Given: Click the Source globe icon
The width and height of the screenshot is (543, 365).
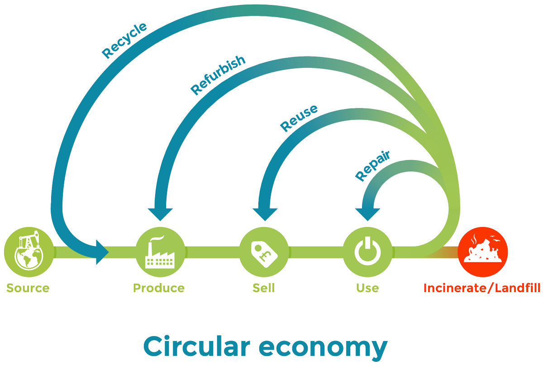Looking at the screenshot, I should point(29,251).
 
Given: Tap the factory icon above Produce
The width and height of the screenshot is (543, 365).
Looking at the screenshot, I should point(160,251).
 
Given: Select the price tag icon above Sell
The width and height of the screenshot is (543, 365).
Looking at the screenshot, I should point(263,251).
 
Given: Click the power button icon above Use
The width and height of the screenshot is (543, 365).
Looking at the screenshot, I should point(367,251).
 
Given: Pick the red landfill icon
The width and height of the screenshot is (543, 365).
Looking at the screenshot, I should point(483,251).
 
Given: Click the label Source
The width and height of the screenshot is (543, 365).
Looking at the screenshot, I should point(28,288).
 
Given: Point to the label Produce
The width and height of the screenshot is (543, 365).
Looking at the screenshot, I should point(159,288).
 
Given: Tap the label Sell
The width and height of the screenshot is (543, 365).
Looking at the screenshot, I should point(263,288).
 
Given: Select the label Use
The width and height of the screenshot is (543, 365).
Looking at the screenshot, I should point(367,288).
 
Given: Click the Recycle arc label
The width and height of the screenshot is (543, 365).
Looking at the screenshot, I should point(124,40).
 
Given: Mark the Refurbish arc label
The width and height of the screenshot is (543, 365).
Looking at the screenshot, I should point(218,75).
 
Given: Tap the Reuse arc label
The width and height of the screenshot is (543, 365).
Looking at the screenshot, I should point(299,118).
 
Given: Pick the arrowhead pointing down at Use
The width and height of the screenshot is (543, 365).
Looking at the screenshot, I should point(367,213).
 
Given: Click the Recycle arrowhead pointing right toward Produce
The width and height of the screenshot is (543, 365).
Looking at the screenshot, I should point(102,251).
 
